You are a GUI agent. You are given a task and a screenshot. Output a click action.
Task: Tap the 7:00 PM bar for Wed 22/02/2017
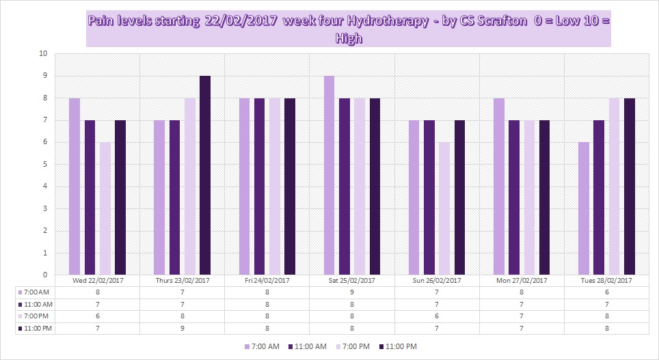click(105, 208)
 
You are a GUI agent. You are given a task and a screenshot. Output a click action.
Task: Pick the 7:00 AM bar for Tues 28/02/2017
click(583, 208)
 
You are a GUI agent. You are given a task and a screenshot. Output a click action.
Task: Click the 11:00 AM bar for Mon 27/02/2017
click(514, 197)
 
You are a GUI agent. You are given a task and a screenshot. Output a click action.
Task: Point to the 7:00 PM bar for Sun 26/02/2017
click(444, 208)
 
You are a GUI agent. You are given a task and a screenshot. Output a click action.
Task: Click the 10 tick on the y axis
click(42, 54)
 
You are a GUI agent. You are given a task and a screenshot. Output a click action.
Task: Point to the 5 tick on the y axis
click(44, 165)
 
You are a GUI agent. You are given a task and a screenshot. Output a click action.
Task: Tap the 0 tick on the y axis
click(44, 275)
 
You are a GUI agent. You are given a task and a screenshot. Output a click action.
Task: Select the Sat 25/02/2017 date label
click(351, 281)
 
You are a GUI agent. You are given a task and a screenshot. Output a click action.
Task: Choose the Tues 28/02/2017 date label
click(606, 281)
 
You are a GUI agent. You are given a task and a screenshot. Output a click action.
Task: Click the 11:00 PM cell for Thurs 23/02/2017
click(182, 329)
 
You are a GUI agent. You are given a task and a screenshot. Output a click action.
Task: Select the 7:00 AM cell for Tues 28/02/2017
click(606, 292)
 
